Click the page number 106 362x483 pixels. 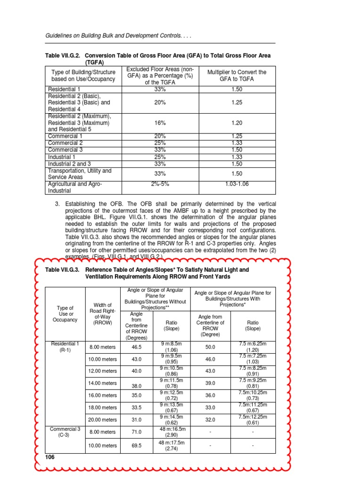[x=50, y=457]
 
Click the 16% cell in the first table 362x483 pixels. [x=160, y=123]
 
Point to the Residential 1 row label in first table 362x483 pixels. [x=64, y=89]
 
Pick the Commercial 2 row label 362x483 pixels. [x=66, y=143]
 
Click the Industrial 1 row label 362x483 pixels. [x=62, y=157]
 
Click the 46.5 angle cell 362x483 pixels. [x=137, y=347]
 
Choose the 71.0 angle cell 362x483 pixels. [x=137, y=432]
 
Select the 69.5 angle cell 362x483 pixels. [x=137, y=445]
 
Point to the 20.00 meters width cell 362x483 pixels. [x=103, y=419]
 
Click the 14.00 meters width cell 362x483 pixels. [x=103, y=383]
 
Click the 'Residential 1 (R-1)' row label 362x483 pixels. [x=65, y=347]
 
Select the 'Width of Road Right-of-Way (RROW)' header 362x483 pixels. [x=103, y=313]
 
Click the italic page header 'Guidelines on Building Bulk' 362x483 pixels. [x=118, y=36]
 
